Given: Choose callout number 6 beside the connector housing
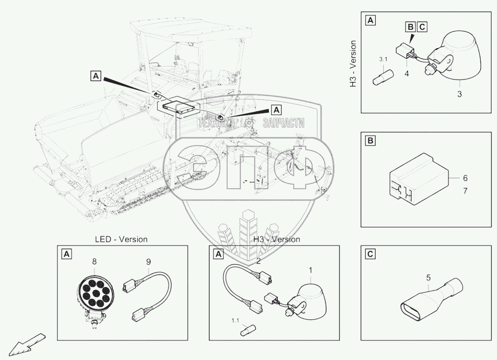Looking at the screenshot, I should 465,178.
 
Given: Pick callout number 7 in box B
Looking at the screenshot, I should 465,191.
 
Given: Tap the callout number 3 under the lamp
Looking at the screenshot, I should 460,93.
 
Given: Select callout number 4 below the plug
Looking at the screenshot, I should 407,73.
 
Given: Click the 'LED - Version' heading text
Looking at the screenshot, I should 121,239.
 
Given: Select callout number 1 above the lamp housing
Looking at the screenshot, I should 311,270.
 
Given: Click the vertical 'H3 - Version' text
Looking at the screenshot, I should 353,64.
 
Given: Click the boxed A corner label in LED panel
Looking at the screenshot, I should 66,254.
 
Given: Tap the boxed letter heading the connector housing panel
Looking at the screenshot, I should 370,142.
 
